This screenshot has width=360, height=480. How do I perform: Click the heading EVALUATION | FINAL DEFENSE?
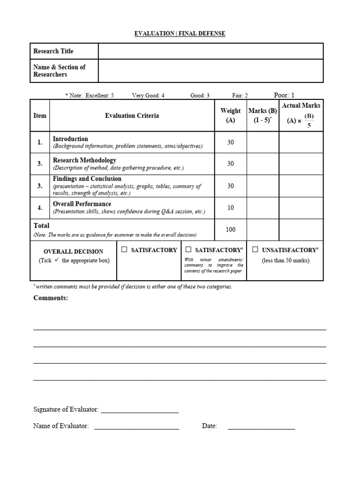coord(180,33)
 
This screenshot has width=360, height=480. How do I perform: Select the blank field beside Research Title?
coord(210,51)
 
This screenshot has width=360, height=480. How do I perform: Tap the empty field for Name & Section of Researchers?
coord(210,71)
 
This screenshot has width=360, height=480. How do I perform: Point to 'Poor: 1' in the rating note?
coord(284,95)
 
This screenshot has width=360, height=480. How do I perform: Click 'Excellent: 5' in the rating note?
coord(99,96)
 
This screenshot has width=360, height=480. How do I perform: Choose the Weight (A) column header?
coord(231,115)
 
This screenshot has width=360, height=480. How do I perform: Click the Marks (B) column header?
coord(262,115)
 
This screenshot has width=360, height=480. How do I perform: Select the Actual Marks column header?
coord(301,115)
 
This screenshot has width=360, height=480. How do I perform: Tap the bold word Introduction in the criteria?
coord(70,139)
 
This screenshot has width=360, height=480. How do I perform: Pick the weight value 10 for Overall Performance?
coord(231,208)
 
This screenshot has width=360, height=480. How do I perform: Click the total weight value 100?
coord(231,230)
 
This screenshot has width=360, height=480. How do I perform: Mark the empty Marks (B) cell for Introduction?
coord(263,142)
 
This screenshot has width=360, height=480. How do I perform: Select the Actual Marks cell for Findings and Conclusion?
coord(301,186)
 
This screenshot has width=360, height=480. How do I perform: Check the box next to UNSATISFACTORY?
coord(255,250)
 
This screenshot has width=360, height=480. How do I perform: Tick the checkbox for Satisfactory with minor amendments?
coord(188,250)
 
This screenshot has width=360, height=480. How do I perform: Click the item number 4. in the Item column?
coord(40,208)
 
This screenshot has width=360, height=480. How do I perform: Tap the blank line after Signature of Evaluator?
coord(140,410)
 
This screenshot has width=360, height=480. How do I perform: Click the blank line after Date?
coord(261,426)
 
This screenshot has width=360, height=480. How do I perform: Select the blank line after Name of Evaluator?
coord(136,426)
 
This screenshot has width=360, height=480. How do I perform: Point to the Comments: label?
coord(51,298)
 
